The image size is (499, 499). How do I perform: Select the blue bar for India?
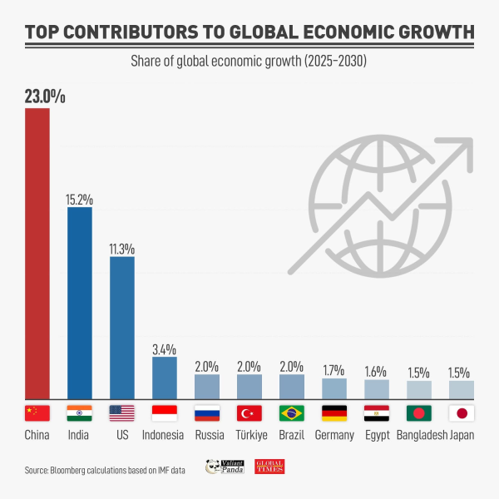point(80,303)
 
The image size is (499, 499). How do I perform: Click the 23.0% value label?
point(44,96)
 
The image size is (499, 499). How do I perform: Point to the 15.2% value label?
point(80,200)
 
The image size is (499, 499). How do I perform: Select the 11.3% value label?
point(122,249)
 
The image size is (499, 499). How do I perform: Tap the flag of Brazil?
point(292,413)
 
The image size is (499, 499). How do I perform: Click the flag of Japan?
point(462,413)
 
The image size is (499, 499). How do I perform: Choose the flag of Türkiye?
point(249,413)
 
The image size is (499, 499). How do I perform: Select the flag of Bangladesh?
point(419,413)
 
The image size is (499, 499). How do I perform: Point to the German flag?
point(334,413)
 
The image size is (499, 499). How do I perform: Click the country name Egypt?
point(377,435)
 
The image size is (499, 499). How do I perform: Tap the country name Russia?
point(207,435)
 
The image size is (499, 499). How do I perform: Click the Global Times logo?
point(269,467)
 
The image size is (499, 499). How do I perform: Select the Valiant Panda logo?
point(223,467)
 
